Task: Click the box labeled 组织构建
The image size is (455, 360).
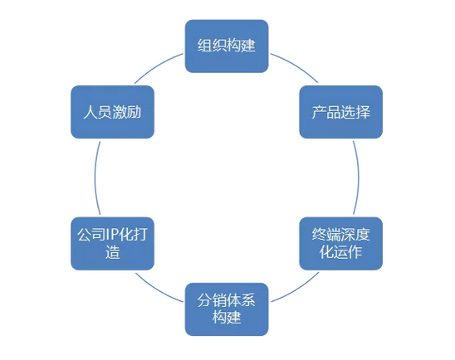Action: click(x=227, y=46)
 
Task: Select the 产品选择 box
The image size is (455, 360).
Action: click(x=341, y=112)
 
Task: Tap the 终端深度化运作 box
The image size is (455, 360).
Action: click(x=341, y=244)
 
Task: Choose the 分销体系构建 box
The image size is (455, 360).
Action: click(x=227, y=309)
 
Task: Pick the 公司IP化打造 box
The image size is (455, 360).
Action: click(x=113, y=244)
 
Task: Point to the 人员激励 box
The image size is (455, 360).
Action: click(x=113, y=112)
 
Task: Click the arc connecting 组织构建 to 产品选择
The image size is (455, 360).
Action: click(x=296, y=66)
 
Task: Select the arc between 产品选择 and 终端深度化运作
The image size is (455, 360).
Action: click(x=359, y=178)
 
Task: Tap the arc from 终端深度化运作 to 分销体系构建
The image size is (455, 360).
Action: click(x=296, y=289)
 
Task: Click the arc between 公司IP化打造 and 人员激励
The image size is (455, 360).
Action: click(x=95, y=178)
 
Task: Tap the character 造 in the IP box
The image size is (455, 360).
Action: click(x=113, y=252)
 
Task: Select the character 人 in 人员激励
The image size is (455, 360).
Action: click(x=91, y=112)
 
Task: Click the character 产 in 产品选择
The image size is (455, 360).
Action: click(x=319, y=112)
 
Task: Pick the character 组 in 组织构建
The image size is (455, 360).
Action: click(x=205, y=46)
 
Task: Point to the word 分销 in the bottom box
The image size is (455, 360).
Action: click(x=212, y=300)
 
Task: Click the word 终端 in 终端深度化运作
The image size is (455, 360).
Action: click(x=326, y=235)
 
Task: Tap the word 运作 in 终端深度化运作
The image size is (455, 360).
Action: click(x=348, y=252)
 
